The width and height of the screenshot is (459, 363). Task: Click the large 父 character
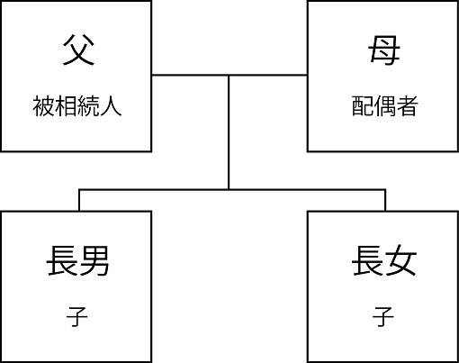[x=78, y=50]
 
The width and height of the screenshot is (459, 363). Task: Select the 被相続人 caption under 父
[x=77, y=106]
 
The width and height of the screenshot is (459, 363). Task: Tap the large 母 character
[x=384, y=50]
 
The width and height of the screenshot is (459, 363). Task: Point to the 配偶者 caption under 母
[x=384, y=106]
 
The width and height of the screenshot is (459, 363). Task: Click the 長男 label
[x=77, y=260]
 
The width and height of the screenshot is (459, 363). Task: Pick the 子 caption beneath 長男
[x=77, y=316]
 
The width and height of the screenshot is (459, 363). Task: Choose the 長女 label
[x=384, y=260]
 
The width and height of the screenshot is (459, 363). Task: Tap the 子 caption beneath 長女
[x=383, y=316]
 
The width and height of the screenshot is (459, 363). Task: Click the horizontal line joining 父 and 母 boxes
[x=229, y=75]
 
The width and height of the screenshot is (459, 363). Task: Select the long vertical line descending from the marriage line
[x=229, y=132]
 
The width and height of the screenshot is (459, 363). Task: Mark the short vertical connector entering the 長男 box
[x=79, y=200]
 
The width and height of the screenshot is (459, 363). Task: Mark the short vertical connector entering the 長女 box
[x=385, y=200]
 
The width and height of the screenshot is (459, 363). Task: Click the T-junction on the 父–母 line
[x=229, y=75]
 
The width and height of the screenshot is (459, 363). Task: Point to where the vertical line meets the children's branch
[x=229, y=189]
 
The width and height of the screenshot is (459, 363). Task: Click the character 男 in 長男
[x=94, y=260]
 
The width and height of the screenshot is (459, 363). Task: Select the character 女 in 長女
[x=401, y=260]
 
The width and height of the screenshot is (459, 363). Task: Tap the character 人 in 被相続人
[x=111, y=106]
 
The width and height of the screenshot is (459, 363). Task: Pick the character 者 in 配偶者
[x=407, y=106]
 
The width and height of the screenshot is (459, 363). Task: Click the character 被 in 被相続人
[x=43, y=106]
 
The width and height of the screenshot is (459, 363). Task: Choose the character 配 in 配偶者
[x=363, y=106]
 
